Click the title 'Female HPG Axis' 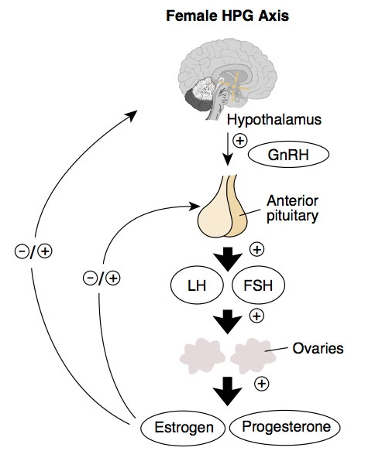[x=228, y=15]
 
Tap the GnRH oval [x=289, y=154]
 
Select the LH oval [x=197, y=285]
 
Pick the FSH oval [x=258, y=285]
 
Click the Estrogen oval [x=183, y=428]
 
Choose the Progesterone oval [x=285, y=427]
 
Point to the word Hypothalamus [x=274, y=120]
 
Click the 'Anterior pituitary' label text [x=292, y=209]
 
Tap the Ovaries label [x=318, y=348]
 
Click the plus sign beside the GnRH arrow [x=240, y=140]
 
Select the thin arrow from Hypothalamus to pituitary [x=228, y=149]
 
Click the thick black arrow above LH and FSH [x=228, y=259]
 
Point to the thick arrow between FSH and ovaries [x=228, y=322]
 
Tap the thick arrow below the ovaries [x=228, y=391]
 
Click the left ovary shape [x=202, y=356]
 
